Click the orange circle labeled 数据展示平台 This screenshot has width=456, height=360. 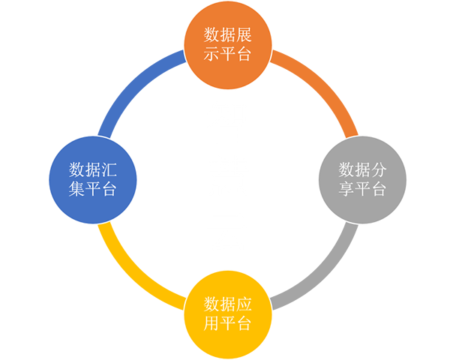(x=228, y=45)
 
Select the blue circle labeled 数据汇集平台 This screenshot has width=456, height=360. (x=93, y=180)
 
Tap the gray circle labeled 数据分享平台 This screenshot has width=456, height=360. (x=363, y=180)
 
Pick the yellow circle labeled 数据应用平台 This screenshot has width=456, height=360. (x=228, y=315)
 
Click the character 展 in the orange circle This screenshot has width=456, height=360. (x=244, y=35)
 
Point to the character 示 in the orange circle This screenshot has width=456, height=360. (x=211, y=54)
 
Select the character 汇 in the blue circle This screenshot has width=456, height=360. (x=109, y=170)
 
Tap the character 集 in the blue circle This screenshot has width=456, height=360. (x=76, y=189)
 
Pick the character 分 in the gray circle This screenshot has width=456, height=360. (x=378, y=170)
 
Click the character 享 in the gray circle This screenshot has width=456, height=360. (x=346, y=189)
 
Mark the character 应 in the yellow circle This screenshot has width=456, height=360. (x=244, y=304)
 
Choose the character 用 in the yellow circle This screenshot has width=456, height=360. (x=211, y=324)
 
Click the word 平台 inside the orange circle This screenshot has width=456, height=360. (x=235, y=54)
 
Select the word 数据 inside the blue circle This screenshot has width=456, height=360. (x=85, y=170)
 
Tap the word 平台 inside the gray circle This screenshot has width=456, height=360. (x=370, y=189)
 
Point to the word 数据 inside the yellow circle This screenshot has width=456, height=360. (x=220, y=304)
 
